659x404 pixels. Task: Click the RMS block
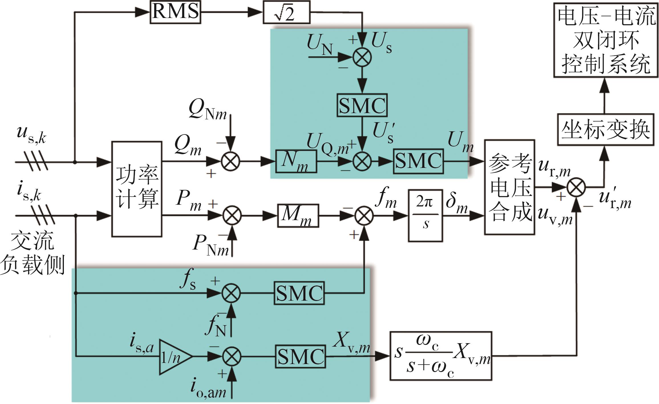click(x=175, y=12)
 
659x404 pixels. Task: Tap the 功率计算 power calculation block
click(x=137, y=189)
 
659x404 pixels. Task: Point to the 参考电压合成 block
click(x=510, y=187)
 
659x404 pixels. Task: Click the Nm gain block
click(x=296, y=161)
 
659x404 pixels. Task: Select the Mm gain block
click(x=298, y=216)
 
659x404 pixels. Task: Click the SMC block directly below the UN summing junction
click(x=362, y=105)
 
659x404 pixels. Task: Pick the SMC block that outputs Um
click(x=418, y=161)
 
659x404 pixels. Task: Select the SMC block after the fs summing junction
click(x=299, y=293)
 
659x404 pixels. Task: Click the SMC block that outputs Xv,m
click(x=301, y=356)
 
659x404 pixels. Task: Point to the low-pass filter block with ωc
click(x=441, y=356)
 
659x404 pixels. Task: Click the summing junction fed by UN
click(x=362, y=57)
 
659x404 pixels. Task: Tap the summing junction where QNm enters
click(x=231, y=162)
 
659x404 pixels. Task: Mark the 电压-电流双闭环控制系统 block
click(x=606, y=40)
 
